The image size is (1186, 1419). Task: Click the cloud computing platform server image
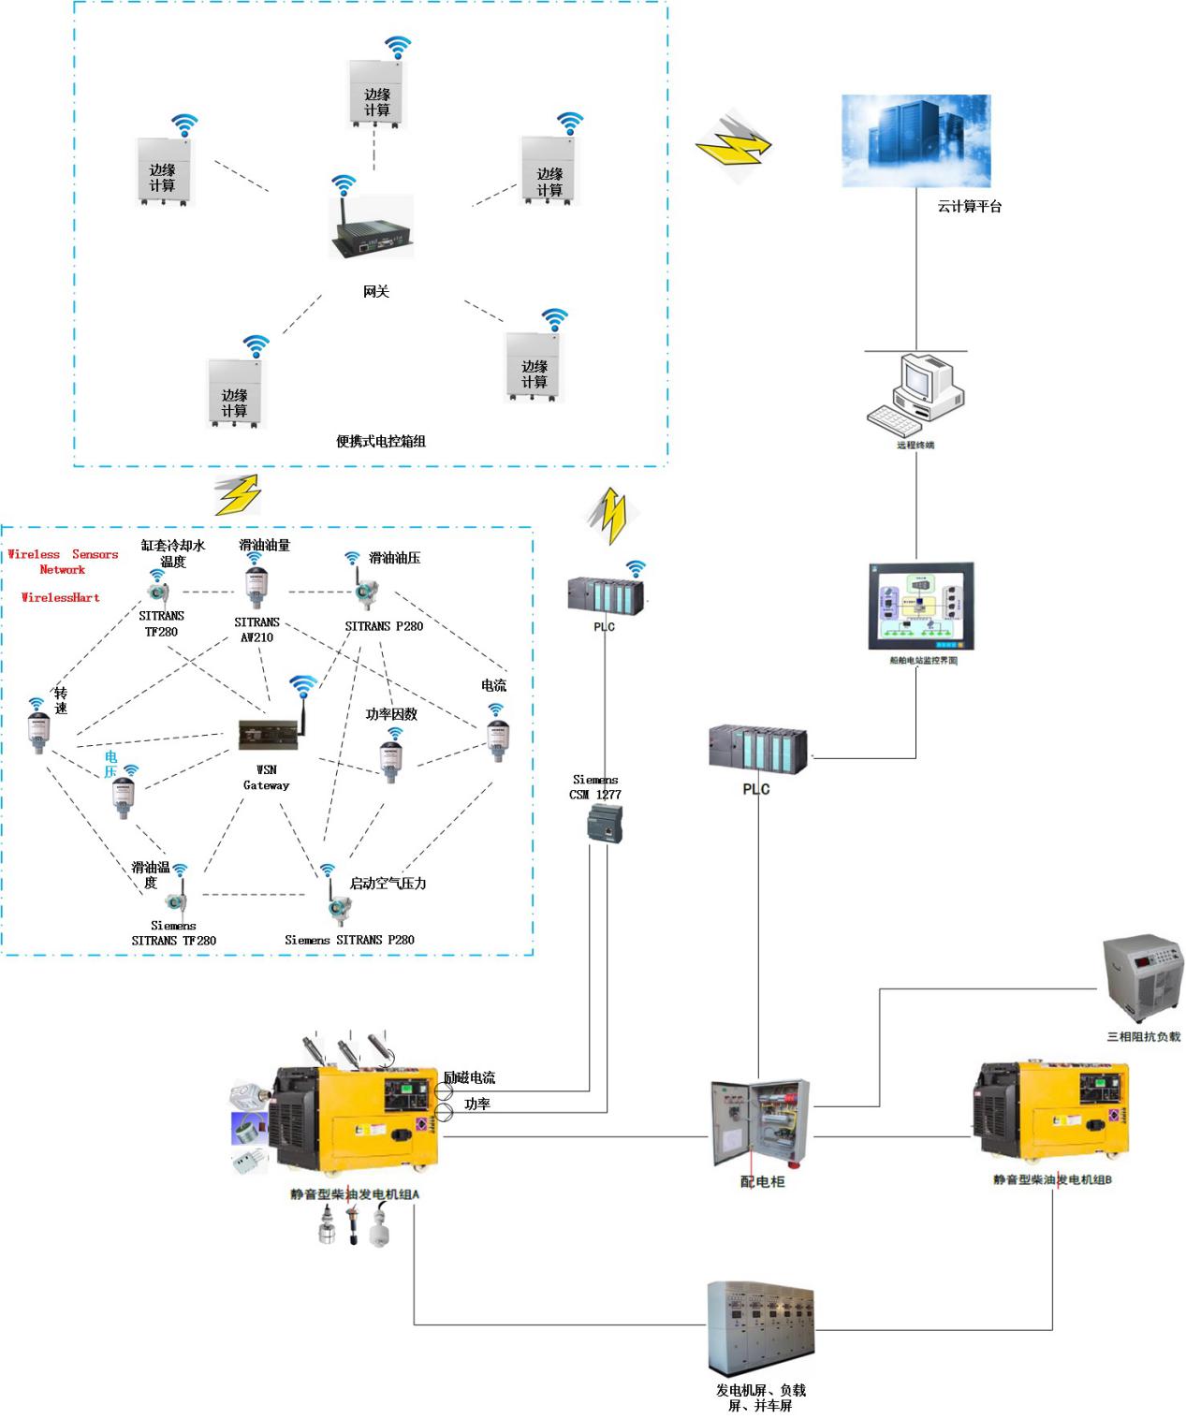point(915,140)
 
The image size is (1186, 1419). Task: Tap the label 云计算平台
point(969,207)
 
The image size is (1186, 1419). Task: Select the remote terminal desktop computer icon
point(915,394)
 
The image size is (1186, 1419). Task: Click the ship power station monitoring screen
point(922,607)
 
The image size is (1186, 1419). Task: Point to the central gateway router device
point(372,227)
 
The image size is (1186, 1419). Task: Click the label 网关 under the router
point(375,292)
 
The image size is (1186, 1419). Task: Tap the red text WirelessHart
point(61,597)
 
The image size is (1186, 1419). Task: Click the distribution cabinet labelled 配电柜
point(759,1123)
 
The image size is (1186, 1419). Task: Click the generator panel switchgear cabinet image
point(760,1329)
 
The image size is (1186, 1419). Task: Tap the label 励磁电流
point(470,1078)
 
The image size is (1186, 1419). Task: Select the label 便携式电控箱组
point(381,441)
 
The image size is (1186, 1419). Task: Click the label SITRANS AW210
point(256,629)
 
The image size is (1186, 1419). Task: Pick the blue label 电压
point(111,764)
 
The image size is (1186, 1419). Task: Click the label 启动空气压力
point(388,883)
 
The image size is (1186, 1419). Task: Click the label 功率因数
point(391,714)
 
